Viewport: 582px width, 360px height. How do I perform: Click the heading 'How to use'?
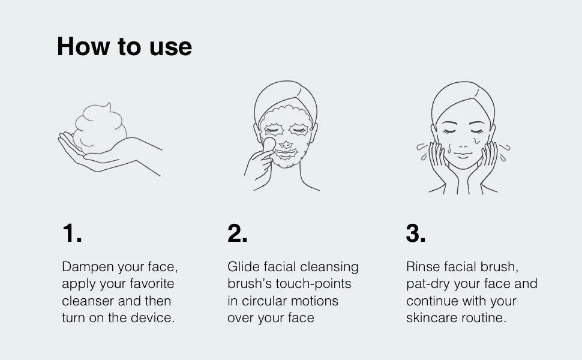click(x=124, y=46)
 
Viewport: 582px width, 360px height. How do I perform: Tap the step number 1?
click(x=72, y=233)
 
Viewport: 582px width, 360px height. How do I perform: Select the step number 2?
click(x=238, y=233)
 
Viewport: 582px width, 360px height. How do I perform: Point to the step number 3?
click(x=416, y=233)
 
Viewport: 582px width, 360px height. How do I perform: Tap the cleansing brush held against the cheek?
click(x=269, y=145)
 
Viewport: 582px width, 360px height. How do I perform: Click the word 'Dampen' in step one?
click(x=88, y=267)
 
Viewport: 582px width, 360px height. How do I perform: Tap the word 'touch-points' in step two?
click(x=313, y=284)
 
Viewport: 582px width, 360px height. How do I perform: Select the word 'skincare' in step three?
click(x=431, y=318)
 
